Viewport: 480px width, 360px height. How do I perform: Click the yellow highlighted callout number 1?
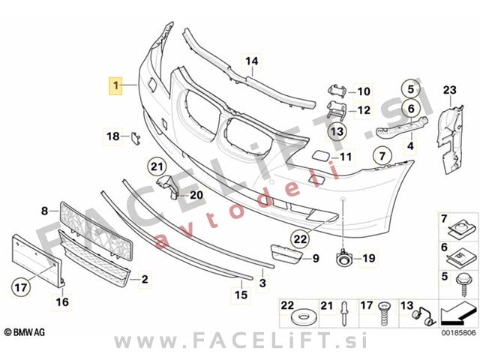[115, 85]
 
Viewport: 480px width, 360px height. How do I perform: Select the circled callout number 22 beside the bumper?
[300, 238]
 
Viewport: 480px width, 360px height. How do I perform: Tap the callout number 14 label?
[252, 61]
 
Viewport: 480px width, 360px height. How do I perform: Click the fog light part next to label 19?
[343, 258]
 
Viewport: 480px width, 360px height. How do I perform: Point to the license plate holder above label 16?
[37, 261]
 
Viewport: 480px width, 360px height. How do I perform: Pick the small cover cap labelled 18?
[136, 138]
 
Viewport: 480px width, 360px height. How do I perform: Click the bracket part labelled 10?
[337, 90]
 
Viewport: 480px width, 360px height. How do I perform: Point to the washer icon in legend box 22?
[302, 317]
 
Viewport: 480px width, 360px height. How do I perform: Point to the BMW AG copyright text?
[25, 331]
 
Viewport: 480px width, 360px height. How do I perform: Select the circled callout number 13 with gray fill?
[337, 131]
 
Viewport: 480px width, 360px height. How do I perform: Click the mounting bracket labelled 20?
[169, 187]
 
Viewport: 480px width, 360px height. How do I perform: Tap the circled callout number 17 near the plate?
[21, 287]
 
